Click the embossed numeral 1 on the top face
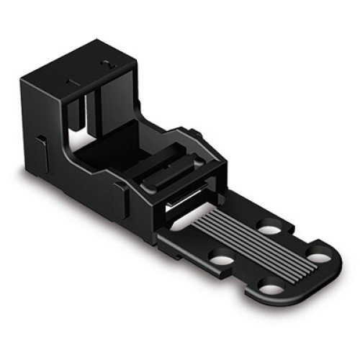(x=73, y=82)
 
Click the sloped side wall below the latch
(x=144, y=202)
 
